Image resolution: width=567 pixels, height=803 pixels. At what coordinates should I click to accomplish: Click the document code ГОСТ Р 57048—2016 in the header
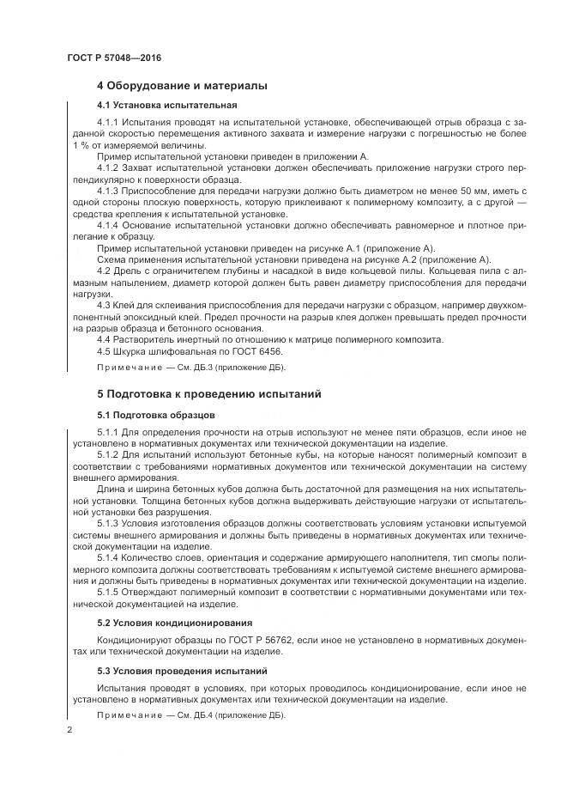point(113,58)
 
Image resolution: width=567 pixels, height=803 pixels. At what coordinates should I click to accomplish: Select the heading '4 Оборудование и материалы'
point(182,86)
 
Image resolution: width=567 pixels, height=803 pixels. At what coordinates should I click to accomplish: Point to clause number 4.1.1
point(110,124)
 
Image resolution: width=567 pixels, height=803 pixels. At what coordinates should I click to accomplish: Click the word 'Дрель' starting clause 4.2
point(127,271)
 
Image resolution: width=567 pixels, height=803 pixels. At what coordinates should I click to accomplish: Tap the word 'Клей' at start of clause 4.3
point(126,305)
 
